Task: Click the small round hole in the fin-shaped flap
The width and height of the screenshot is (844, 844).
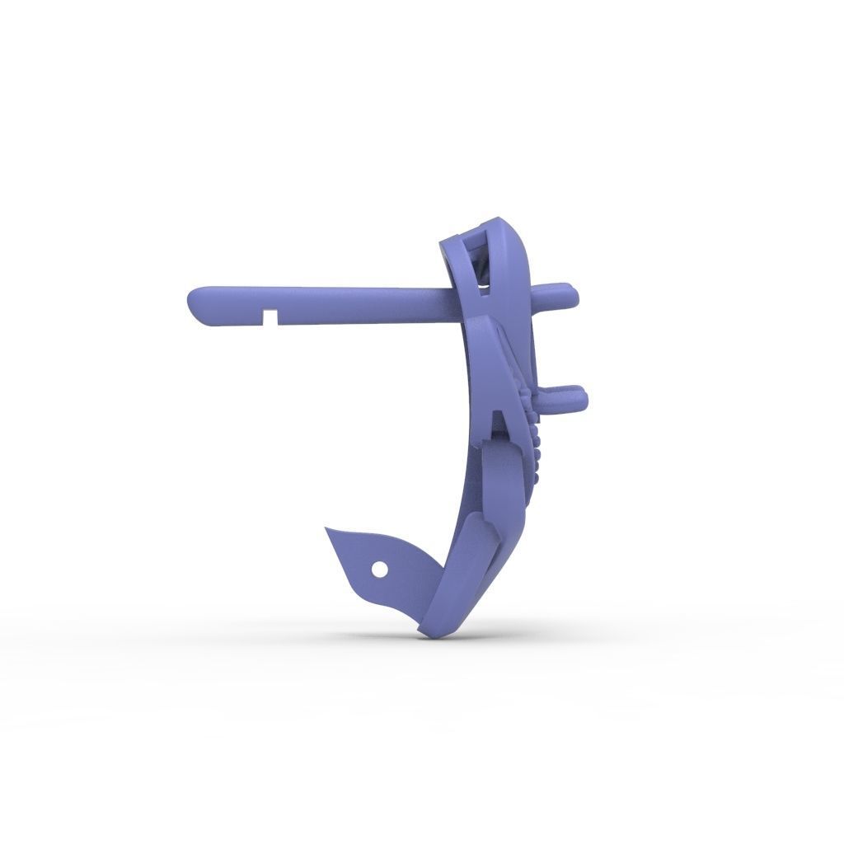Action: tap(379, 569)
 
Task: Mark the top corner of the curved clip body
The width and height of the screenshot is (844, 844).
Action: tap(499, 220)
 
